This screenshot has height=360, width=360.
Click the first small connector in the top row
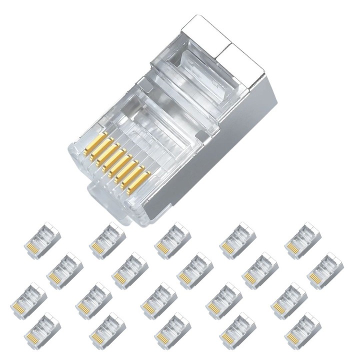tap(42, 240)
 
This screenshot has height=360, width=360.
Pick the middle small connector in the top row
tap(172, 240)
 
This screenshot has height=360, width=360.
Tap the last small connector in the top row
tap(302, 240)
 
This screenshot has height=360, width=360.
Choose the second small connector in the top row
tap(107, 240)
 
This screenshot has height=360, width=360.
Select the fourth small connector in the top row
tap(237, 240)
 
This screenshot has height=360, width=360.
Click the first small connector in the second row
tap(65, 270)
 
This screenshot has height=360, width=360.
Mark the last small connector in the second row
tap(325, 270)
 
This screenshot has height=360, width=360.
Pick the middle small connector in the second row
tap(195, 270)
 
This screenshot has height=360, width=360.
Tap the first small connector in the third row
tap(29, 300)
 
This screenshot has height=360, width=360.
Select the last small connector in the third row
tap(289, 300)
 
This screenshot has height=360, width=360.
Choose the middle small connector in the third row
tap(159, 300)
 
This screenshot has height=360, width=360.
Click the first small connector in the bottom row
tap(42, 330)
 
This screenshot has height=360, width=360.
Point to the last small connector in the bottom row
tap(302, 330)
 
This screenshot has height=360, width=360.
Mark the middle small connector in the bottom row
tap(172, 330)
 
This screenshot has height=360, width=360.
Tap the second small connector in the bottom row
tap(107, 330)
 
